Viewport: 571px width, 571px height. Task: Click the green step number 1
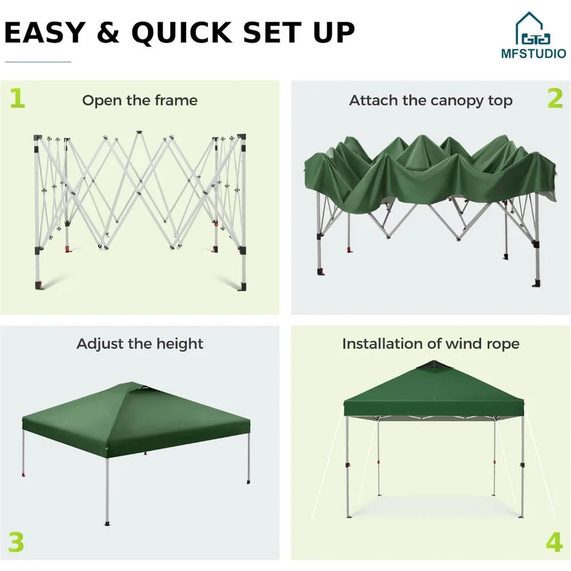(18, 98)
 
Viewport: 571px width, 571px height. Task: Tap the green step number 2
(554, 98)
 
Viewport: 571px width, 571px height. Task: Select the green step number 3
(16, 542)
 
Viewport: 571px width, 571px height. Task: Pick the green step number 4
(554, 542)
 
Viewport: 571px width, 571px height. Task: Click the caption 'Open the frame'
(140, 100)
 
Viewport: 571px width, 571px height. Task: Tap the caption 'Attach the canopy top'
(431, 100)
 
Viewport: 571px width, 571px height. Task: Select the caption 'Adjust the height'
(140, 344)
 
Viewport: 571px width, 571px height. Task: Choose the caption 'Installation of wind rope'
(431, 344)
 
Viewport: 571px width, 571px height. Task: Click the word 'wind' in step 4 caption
(461, 344)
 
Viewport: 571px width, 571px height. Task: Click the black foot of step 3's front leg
(107, 522)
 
